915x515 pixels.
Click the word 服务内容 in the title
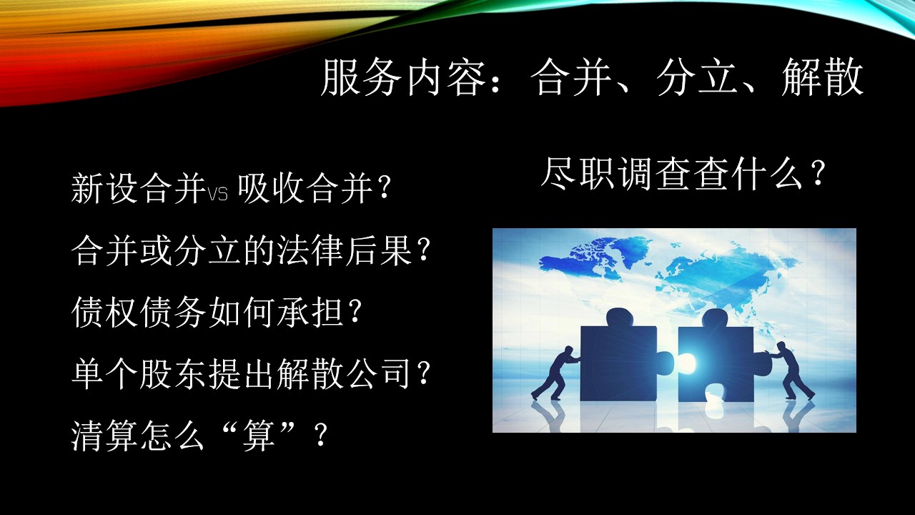pyautogui.click(x=402, y=78)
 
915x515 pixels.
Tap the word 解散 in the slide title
pyautogui.click(x=822, y=78)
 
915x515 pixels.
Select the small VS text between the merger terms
pyautogui.click(x=218, y=194)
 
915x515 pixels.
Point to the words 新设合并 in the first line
pyautogui.click(x=139, y=189)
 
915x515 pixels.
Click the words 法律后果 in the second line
pyautogui.click(x=345, y=250)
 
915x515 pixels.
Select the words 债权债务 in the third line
pyautogui.click(x=139, y=313)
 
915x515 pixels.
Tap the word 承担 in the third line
pyautogui.click(x=310, y=313)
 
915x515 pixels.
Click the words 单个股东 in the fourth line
pyautogui.click(x=139, y=374)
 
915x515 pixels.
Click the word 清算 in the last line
pyautogui.click(x=104, y=436)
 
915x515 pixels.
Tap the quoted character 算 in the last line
pyautogui.click(x=258, y=436)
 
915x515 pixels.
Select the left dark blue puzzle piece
pyautogui.click(x=622, y=355)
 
